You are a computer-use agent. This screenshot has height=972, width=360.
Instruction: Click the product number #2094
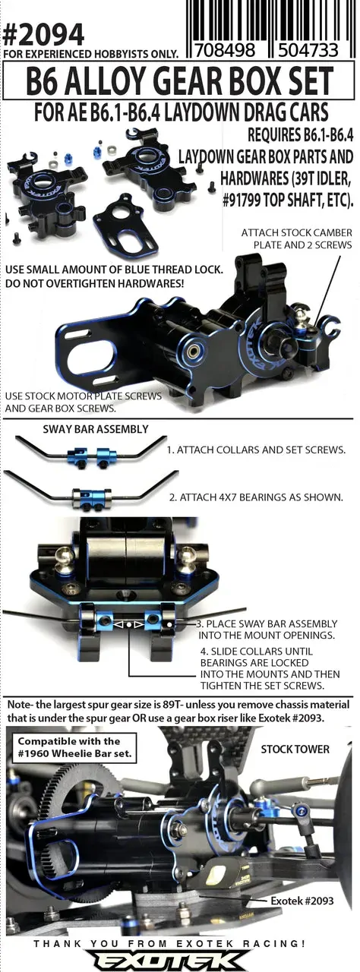click(43, 35)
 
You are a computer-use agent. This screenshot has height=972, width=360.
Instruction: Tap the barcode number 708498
click(224, 50)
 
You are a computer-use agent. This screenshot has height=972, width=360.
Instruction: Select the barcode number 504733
click(308, 50)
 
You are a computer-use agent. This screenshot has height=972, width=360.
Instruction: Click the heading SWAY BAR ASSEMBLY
click(96, 429)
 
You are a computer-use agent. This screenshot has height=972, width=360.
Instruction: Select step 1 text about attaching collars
click(257, 450)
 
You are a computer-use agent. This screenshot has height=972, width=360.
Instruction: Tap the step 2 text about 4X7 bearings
click(256, 497)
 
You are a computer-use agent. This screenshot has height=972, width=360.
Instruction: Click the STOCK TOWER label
click(295, 750)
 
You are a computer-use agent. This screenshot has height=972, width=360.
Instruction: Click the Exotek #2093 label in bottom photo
click(302, 901)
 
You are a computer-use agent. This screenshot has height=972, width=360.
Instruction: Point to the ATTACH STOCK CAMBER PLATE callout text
click(297, 238)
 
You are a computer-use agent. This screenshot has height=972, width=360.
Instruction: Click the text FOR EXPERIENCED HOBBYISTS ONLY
click(90, 54)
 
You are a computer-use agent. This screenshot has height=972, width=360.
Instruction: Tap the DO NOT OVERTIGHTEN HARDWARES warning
click(94, 284)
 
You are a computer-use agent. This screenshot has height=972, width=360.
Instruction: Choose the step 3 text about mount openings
click(267, 630)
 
